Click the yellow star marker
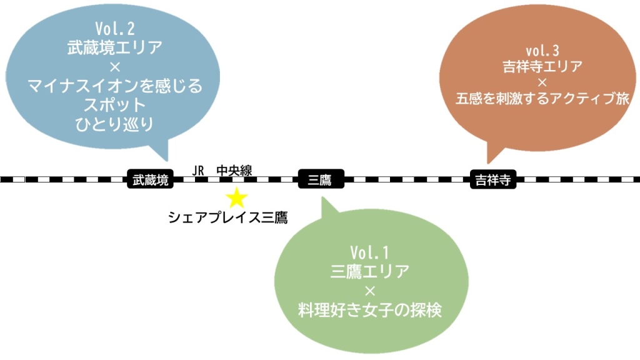pos(237,198)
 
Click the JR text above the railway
pos(198,169)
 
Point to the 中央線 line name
pos(234,169)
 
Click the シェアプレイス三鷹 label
pos(227,217)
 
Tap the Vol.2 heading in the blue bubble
pos(115,29)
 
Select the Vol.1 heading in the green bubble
pos(369,252)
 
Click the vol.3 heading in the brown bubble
pos(542,49)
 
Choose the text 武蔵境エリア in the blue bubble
pos(115,47)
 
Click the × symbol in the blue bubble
pos(115,66)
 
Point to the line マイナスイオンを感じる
pos(115,86)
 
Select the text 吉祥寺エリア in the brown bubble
pos(542,66)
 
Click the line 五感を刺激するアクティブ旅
pos(542,98)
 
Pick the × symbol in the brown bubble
pos(542,82)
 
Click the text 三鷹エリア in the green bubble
pos(369,271)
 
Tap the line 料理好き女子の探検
pos(369,309)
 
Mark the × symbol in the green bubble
pos(369,291)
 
